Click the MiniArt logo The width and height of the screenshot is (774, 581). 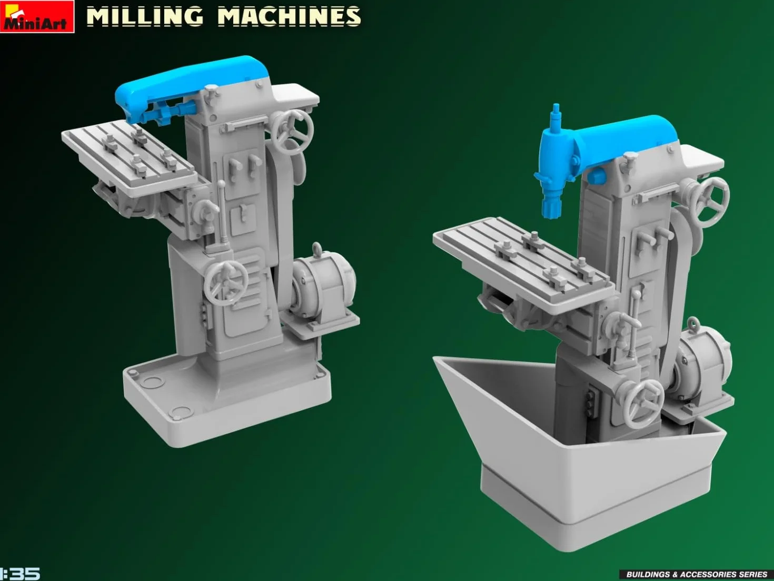[x=37, y=16]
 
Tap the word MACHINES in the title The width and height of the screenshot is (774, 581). [x=289, y=17]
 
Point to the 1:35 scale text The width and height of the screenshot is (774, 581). [x=19, y=574]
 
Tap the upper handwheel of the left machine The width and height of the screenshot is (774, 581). [x=293, y=132]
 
